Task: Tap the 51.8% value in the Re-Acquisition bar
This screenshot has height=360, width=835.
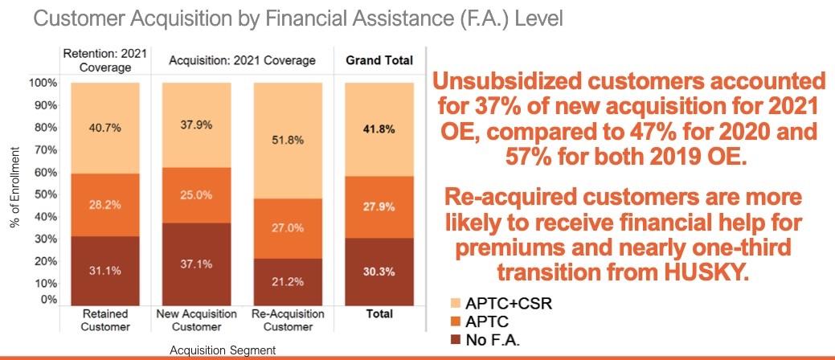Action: (x=288, y=140)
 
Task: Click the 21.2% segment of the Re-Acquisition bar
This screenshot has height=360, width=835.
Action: (x=288, y=281)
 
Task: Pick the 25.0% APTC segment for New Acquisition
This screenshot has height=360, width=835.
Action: (x=197, y=195)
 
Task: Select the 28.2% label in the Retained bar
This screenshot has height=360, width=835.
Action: (x=105, y=205)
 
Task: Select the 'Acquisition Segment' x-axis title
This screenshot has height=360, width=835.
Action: (x=223, y=350)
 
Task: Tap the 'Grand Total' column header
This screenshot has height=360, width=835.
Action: (x=379, y=60)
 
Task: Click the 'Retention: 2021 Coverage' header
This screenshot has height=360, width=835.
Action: (x=105, y=60)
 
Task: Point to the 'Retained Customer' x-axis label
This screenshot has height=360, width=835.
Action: (x=105, y=320)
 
